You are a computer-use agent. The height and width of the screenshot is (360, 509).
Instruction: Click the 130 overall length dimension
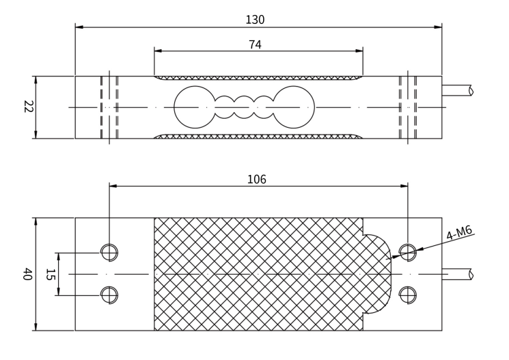255,20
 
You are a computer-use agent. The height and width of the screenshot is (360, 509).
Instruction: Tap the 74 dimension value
255,45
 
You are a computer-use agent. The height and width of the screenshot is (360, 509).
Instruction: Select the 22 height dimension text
28,107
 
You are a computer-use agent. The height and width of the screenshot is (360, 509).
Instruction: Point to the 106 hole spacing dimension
256,180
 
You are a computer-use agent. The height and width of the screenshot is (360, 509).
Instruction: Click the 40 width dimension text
28,274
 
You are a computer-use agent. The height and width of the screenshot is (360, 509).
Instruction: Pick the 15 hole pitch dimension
50,274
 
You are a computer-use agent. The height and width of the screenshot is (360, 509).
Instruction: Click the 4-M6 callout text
458,233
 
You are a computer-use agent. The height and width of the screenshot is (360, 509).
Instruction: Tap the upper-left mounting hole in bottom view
109,253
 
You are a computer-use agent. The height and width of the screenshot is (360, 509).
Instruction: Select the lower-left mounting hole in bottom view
109,295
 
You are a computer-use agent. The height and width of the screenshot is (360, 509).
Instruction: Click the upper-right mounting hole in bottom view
407,253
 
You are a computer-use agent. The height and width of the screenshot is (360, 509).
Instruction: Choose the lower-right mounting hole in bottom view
407,295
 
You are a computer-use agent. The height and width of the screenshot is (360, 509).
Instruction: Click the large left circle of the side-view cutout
195,107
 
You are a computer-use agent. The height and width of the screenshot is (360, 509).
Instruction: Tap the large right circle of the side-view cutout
294,107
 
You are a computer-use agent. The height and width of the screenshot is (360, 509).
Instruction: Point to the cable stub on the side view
456,90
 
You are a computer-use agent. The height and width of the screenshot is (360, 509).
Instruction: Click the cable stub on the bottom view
456,274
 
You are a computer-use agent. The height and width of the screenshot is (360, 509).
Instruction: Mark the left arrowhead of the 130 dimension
79,27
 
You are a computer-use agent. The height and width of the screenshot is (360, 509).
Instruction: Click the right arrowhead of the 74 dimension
359,51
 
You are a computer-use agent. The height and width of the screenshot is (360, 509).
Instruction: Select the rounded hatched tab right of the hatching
377,274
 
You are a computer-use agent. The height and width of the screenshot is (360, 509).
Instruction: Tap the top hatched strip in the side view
258,78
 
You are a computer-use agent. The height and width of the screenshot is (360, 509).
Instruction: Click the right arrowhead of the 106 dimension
404,186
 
